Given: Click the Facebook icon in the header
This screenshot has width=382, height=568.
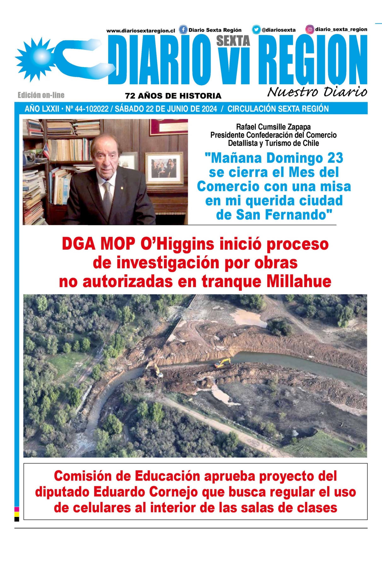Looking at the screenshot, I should [183, 30].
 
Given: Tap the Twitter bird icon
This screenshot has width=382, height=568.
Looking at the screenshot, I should [256, 30].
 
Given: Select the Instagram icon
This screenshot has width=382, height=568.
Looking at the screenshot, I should [310, 29].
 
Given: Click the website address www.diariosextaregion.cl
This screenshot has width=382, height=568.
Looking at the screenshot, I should [141, 31].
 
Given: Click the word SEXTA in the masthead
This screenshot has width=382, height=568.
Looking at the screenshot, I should [233, 41].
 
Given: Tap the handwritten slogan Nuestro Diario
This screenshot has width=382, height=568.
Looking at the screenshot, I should [317, 92].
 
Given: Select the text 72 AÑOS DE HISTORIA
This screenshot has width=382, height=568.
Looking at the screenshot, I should [173, 96].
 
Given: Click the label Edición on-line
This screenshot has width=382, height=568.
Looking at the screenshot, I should [41, 95].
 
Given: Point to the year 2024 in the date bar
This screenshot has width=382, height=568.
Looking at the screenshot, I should [209, 109].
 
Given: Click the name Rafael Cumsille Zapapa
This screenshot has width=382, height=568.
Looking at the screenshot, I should [273, 127].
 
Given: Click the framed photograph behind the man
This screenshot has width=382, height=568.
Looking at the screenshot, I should [164, 168].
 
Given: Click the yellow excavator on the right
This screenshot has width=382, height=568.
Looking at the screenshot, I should [223, 363].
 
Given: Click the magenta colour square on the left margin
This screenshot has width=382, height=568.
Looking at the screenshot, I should [17, 509].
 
